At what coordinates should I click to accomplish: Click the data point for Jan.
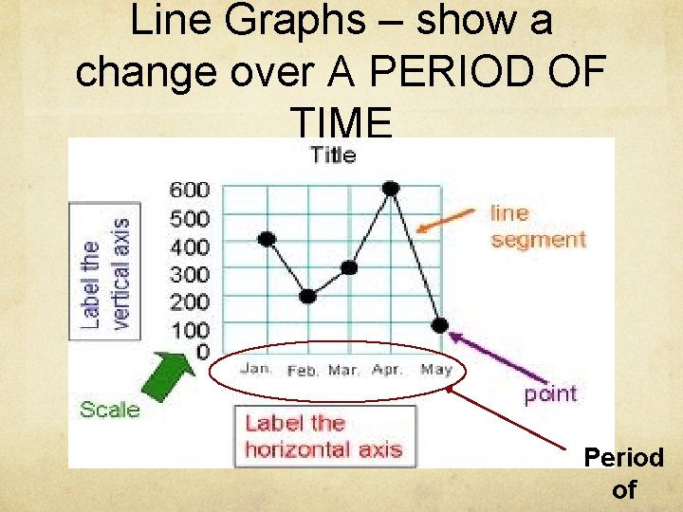click(267, 238)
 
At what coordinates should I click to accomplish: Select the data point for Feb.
click(307, 296)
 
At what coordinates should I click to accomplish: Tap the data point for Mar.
click(349, 267)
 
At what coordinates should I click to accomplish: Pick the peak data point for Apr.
click(390, 188)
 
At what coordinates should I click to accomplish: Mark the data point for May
click(439, 325)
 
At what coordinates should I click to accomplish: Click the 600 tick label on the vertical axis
click(190, 190)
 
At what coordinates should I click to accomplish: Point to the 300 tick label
click(190, 274)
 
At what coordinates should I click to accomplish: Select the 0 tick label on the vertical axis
click(202, 353)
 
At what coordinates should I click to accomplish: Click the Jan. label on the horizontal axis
click(256, 369)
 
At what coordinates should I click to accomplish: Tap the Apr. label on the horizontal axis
click(387, 369)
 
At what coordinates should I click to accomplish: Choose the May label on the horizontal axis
click(435, 369)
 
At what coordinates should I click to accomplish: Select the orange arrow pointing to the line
click(449, 221)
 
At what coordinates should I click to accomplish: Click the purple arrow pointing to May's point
click(488, 354)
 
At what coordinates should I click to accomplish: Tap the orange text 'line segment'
click(538, 227)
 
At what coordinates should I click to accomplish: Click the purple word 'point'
click(550, 393)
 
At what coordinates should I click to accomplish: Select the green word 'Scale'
click(109, 410)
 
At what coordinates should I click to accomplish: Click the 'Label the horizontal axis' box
click(324, 436)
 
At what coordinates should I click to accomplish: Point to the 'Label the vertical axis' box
click(105, 271)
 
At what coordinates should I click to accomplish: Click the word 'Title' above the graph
click(333, 155)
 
